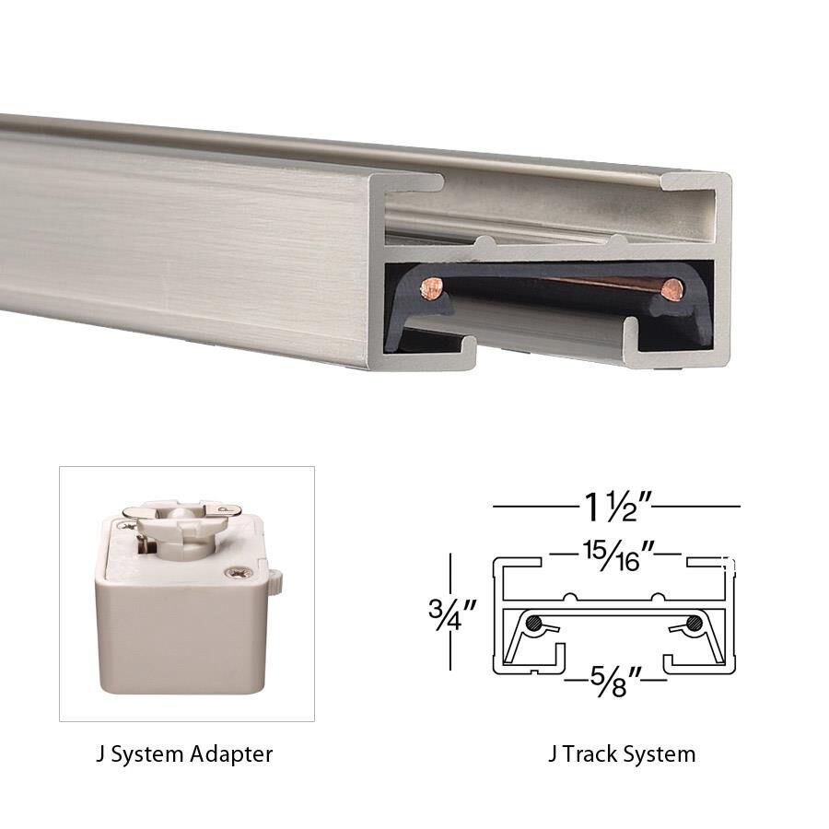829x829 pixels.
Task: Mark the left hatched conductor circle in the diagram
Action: (534, 624)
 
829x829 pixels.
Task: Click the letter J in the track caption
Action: (553, 754)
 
